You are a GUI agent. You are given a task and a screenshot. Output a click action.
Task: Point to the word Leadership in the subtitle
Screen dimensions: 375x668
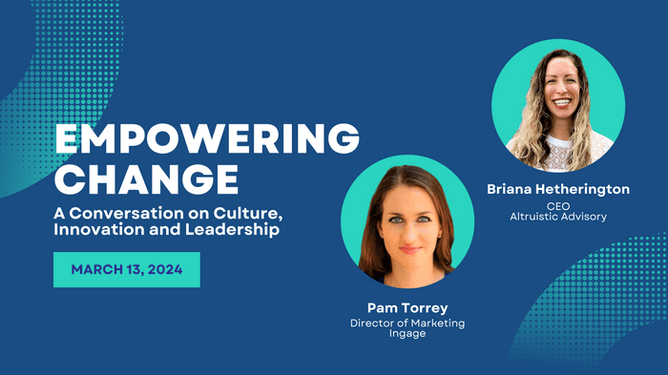[248, 233]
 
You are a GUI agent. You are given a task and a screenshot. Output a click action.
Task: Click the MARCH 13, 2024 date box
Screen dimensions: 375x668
[126, 270]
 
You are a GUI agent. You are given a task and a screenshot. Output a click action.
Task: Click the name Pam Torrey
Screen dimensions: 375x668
[407, 307]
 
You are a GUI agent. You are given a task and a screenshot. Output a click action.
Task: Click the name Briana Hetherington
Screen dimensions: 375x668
[557, 189]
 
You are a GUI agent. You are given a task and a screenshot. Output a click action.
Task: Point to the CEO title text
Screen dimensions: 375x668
[557, 204]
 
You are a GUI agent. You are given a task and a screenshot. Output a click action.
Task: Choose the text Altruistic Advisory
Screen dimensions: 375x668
[557, 217]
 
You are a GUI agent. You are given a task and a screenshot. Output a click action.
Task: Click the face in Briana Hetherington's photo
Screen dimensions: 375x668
[558, 95]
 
